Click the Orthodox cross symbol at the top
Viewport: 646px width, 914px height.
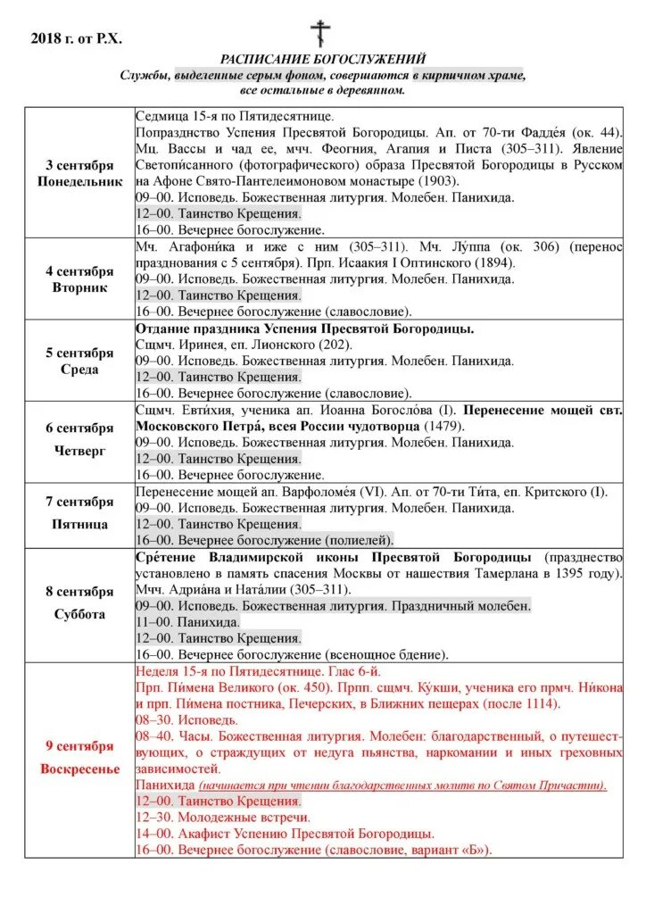pos(320,33)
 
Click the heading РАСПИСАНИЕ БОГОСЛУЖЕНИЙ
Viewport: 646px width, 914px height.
pos(323,59)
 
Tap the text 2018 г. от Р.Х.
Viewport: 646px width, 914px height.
pos(76,37)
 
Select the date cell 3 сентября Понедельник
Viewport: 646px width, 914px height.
pos(79,173)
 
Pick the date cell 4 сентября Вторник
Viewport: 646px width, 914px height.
pos(79,278)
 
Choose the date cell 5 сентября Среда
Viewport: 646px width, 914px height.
pos(79,361)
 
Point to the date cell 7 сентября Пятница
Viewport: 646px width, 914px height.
pos(79,515)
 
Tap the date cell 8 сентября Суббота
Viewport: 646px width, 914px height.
pos(79,604)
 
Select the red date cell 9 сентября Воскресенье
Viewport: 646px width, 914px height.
pos(79,760)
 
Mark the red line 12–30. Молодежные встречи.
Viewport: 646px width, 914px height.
pos(222,817)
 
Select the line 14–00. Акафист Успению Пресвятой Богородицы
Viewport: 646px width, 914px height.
pos(285,833)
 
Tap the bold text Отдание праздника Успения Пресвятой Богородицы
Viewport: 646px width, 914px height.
pos(304,328)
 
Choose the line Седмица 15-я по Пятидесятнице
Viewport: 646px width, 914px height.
pos(234,116)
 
